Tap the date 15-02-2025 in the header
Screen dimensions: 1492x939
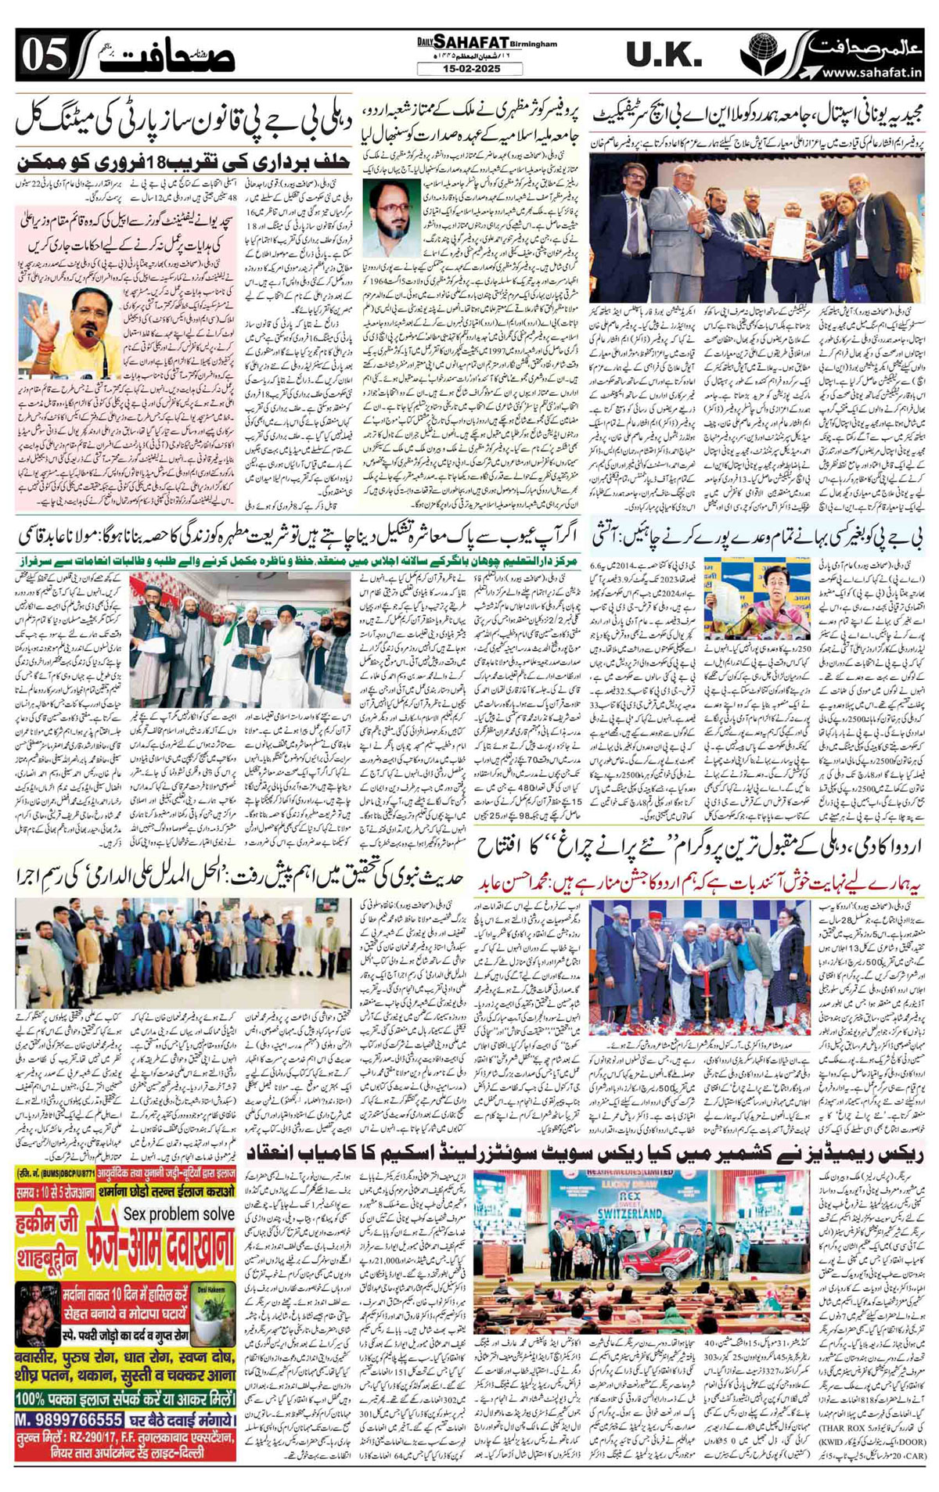click(x=469, y=69)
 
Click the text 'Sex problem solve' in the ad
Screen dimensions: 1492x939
click(x=178, y=1213)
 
